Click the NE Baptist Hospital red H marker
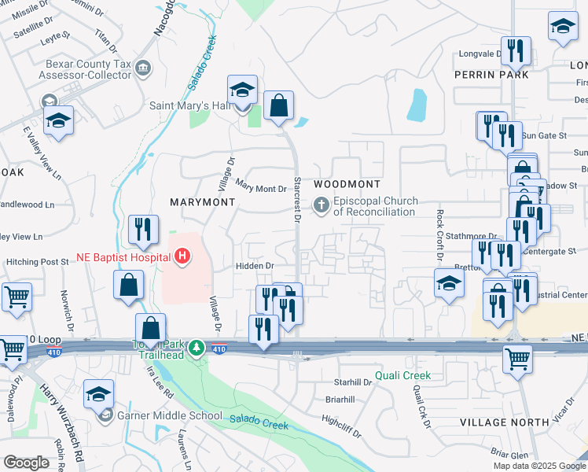tap(183, 256)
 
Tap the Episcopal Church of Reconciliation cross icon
tap(321, 206)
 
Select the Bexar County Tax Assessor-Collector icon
tap(143, 69)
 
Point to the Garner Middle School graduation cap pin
tap(99, 394)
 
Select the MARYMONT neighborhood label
tap(203, 202)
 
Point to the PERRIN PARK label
tap(491, 74)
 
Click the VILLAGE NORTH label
tap(504, 422)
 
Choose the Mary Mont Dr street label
tap(261, 189)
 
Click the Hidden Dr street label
tap(253, 267)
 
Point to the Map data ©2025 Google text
tap(538, 466)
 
